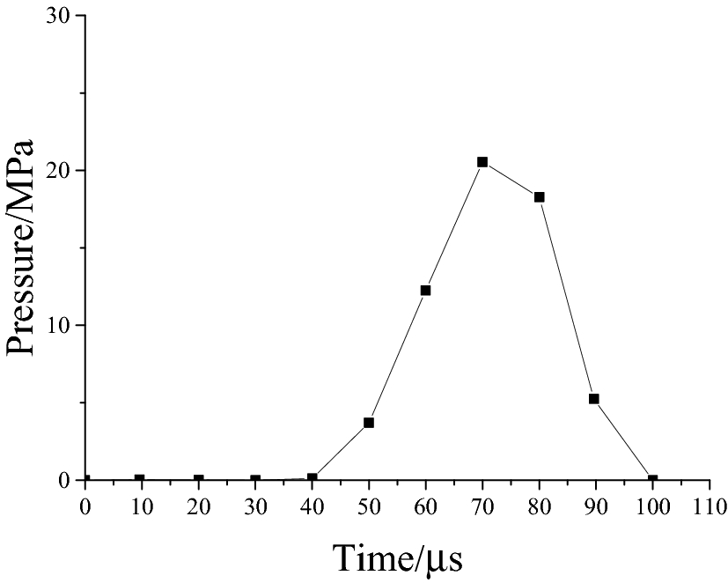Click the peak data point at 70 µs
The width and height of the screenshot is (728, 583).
pos(482,162)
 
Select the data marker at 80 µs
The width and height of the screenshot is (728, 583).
pos(540,197)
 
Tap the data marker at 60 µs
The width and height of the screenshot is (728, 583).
pos(425,291)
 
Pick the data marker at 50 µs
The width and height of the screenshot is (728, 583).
pos(369,423)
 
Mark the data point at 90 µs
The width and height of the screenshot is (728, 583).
pos(594,399)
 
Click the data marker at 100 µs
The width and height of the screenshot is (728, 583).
pos(652,480)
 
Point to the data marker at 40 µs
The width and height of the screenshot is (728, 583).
pos(312,478)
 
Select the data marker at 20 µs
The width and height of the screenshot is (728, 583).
pos(199,480)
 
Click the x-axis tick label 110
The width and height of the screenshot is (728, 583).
pos(710,506)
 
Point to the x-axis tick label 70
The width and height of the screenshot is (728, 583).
pos(482,506)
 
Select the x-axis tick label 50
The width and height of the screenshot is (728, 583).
pos(369,506)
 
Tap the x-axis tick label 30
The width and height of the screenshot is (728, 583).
pos(255,506)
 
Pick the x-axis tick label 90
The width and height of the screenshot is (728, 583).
pos(596,506)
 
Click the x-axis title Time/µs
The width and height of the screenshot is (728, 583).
pos(397,557)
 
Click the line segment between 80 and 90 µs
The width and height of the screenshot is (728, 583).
pos(567,299)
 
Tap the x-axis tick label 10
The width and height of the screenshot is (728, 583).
pos(142,506)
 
